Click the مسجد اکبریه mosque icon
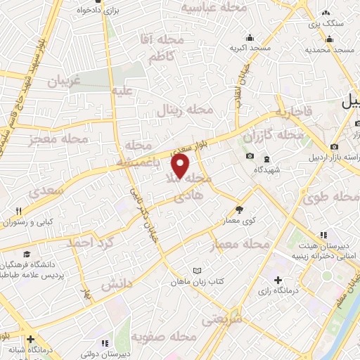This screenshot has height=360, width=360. [249, 37]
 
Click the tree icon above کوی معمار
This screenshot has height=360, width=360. [239, 209]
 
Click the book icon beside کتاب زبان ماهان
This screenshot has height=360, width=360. [198, 271]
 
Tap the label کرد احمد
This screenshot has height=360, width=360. [89, 243]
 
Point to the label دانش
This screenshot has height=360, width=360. [117, 285]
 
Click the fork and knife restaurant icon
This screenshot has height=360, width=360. [20, 210]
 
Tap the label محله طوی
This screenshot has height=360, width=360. [324, 198]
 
